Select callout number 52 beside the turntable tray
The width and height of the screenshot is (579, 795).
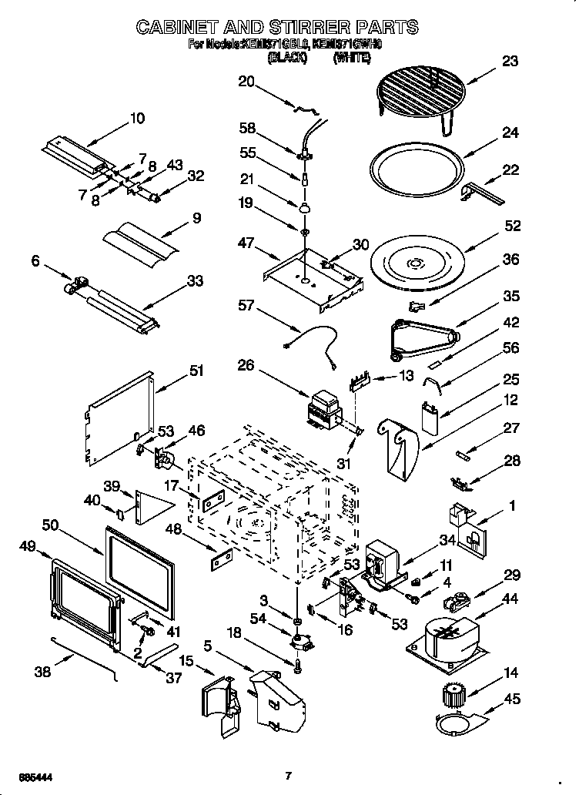(x=512, y=226)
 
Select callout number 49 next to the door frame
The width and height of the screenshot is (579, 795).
(x=28, y=546)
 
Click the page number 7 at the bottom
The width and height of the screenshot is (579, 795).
(x=288, y=775)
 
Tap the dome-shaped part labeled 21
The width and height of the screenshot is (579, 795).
(x=305, y=206)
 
